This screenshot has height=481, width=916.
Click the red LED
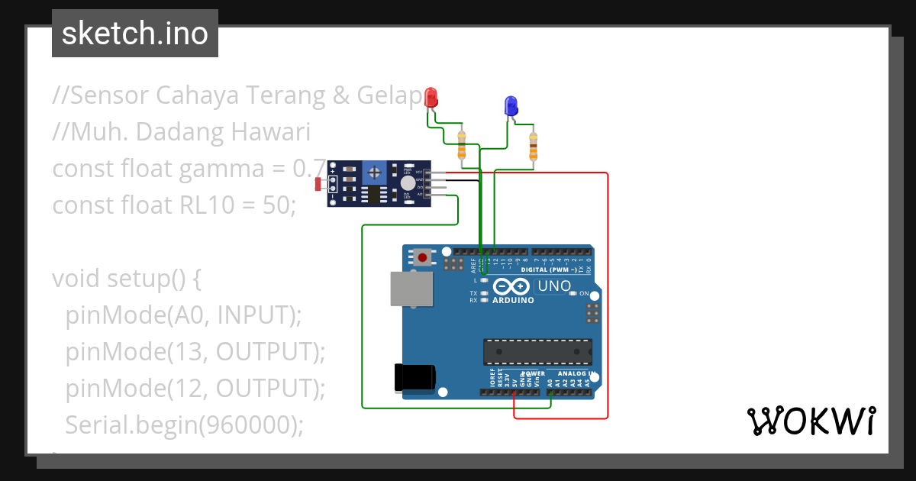431,98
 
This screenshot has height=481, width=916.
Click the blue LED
511,106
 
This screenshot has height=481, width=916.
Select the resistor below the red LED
461,145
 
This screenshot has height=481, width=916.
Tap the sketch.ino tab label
135,34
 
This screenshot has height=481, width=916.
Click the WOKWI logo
811,421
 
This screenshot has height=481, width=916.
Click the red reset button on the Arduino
422,257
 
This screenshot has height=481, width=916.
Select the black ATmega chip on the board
537,352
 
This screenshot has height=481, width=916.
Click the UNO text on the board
554,286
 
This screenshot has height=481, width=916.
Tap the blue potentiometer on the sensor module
375,171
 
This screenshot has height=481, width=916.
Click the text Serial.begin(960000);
184,424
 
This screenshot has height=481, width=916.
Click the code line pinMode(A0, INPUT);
184,314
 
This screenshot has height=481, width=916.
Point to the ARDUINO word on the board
513,300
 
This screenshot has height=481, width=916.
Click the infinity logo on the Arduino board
511,286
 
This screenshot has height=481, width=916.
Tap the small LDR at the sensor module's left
320,183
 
